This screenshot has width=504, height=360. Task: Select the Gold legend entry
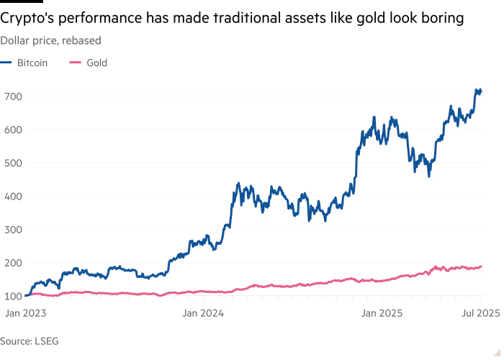click(x=97, y=63)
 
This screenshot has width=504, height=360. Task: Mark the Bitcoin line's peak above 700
click(x=476, y=89)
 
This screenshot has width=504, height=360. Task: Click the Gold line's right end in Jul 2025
click(x=481, y=266)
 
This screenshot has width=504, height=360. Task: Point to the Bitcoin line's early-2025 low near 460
click(x=429, y=176)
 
